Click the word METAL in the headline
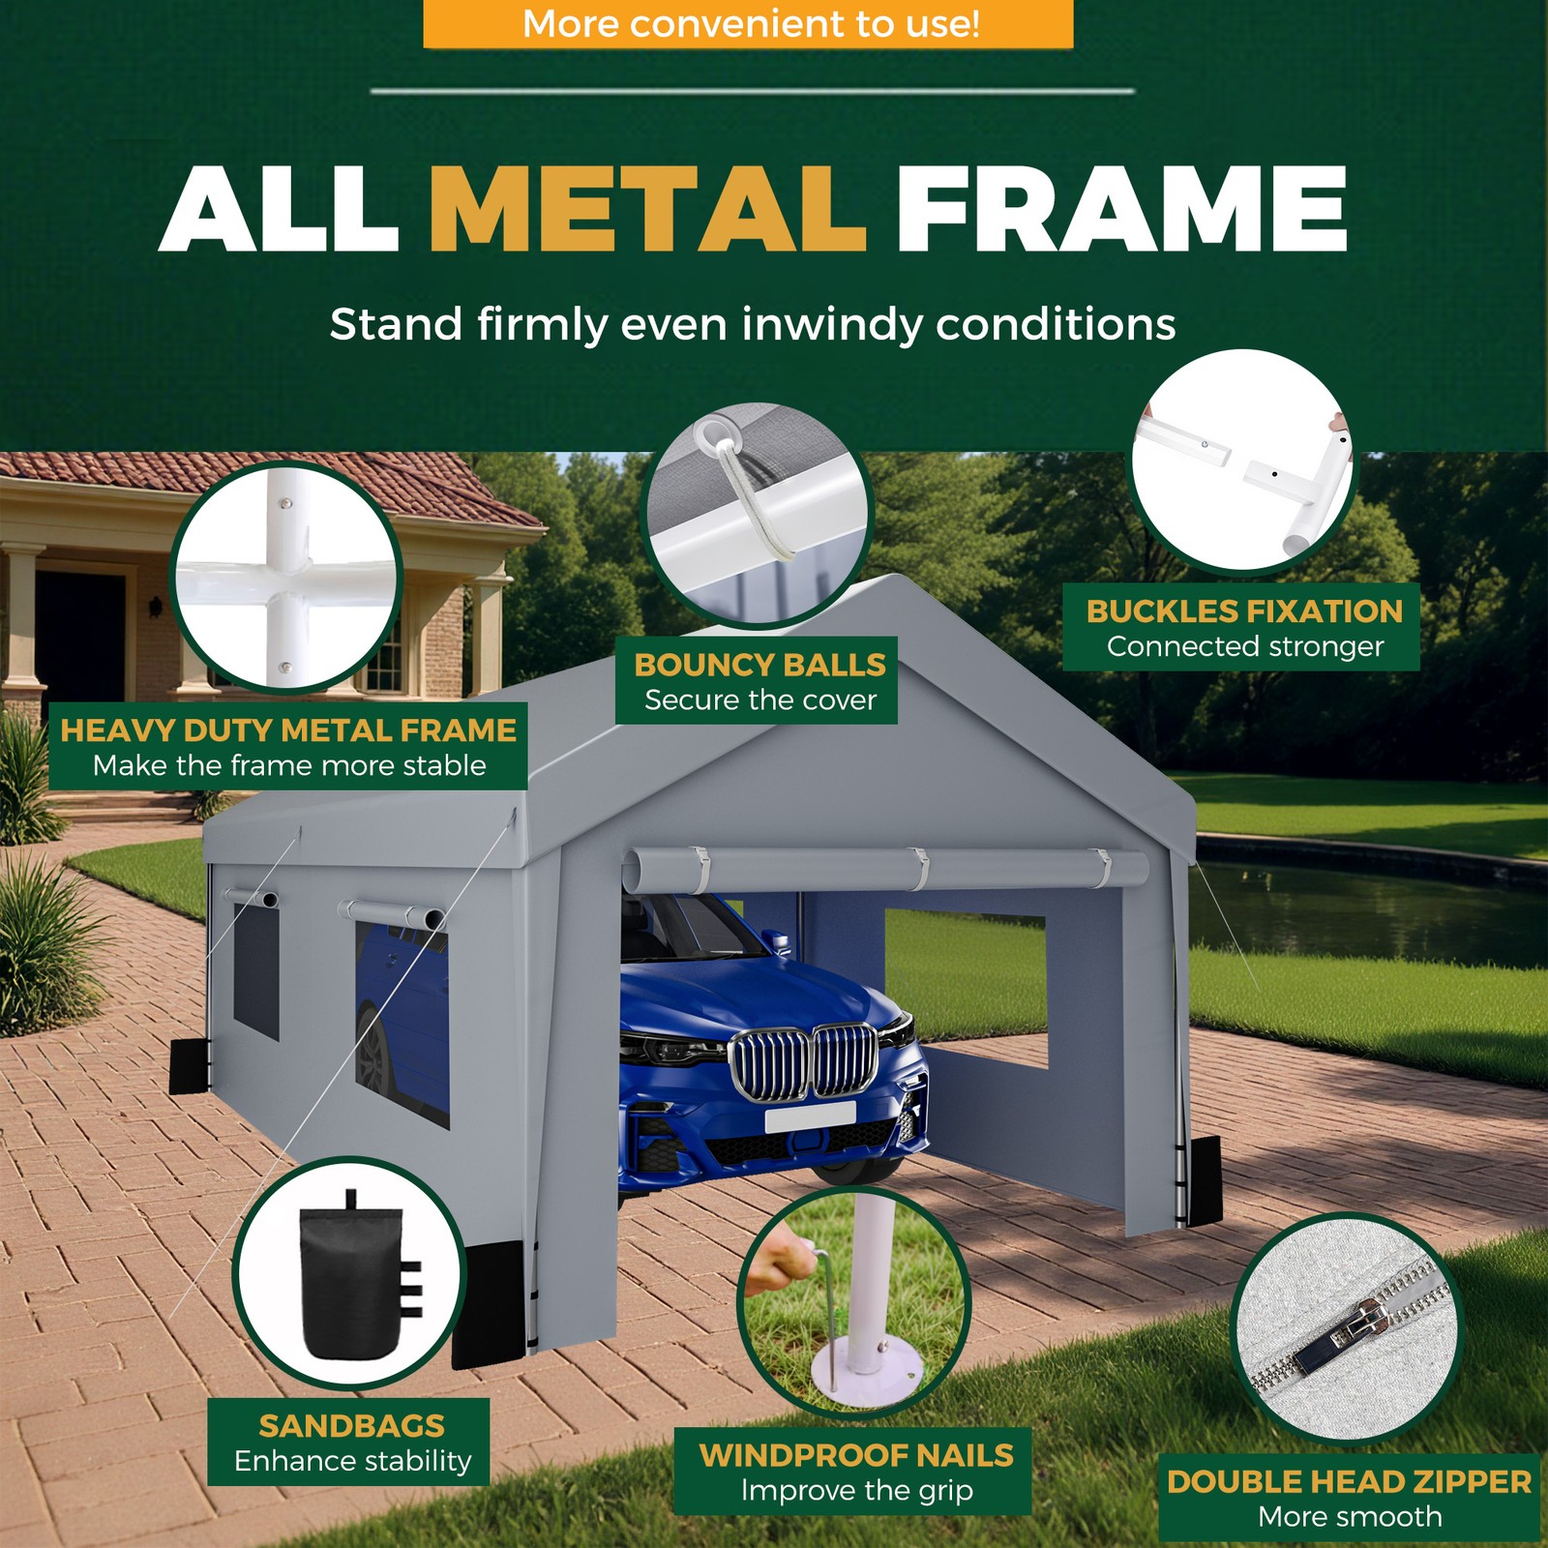pos(647,208)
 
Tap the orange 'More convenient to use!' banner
pos(748,23)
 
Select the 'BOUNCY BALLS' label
pos(759,665)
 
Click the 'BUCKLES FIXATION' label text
pos(1244,611)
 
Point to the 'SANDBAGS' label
pos(351,1425)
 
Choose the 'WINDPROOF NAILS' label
pos(856,1455)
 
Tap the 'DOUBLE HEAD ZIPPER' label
pos(1349,1481)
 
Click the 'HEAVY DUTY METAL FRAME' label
pos(288,729)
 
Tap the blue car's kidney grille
pos(804,1062)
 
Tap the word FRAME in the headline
pos(1121,208)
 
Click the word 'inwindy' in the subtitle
pos(833,326)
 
